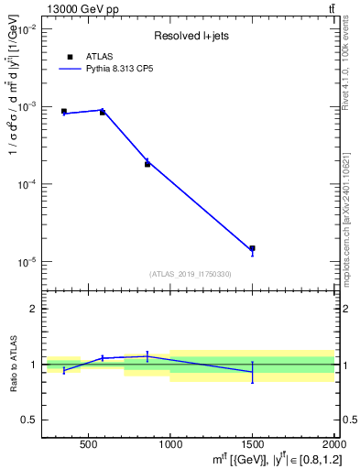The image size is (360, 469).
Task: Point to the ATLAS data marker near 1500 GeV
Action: pos(252,248)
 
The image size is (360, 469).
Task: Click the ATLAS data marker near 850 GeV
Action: pos(147,164)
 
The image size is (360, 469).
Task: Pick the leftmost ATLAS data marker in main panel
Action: pos(64,112)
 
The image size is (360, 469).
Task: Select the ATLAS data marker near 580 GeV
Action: pos(102,112)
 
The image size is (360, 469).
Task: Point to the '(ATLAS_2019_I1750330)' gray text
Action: pos(191,274)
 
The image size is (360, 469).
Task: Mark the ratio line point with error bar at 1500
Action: pos(252,371)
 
